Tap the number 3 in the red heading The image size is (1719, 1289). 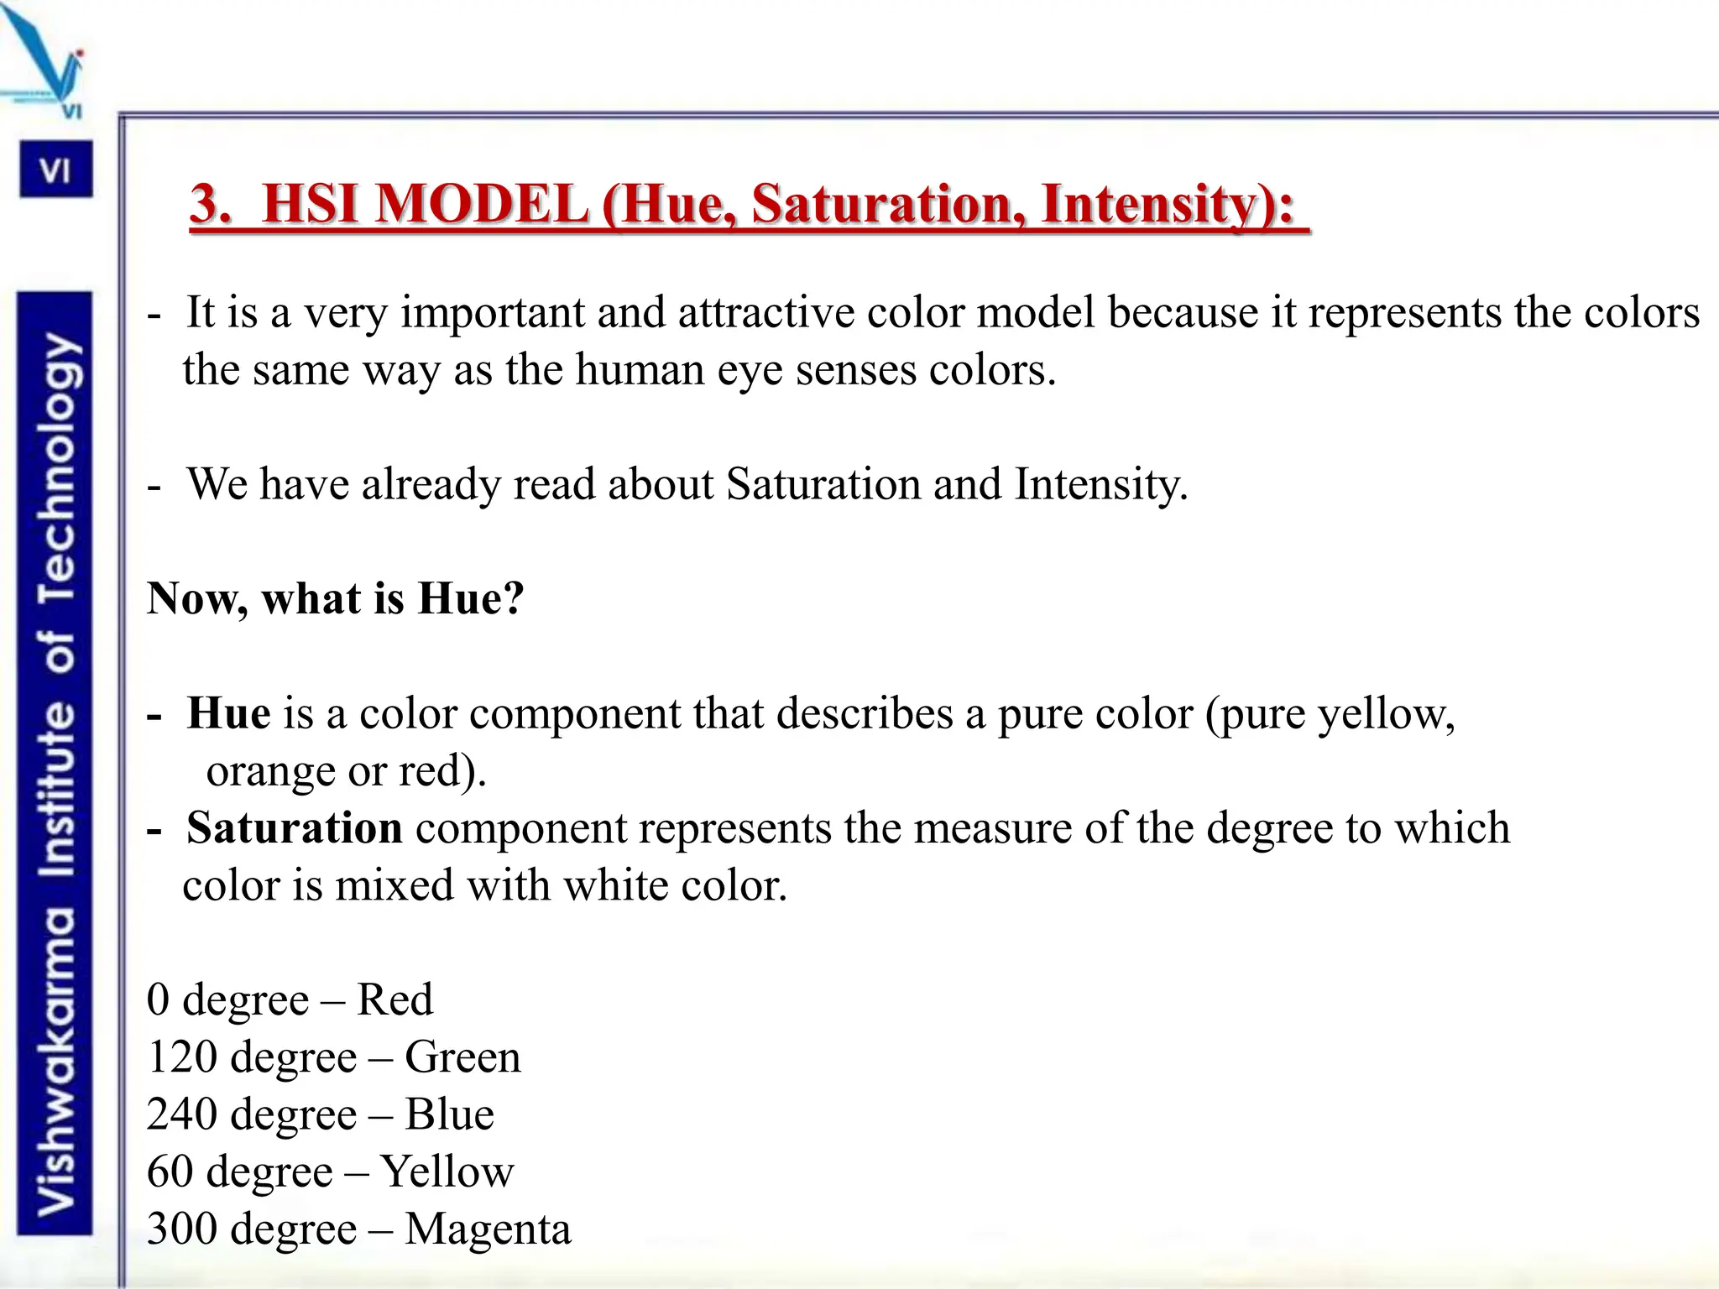tap(209, 204)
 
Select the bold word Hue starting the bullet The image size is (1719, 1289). tap(228, 713)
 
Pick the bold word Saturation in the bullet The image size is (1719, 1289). tap(294, 828)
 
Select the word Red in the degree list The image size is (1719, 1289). tap(394, 1000)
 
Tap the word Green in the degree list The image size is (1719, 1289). tap(462, 1057)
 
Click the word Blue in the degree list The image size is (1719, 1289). tap(449, 1114)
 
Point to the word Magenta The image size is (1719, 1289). tap(487, 1229)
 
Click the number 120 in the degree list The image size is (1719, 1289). tap(182, 1057)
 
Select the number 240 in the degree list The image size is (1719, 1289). tap(182, 1114)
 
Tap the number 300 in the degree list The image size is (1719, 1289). tap(182, 1229)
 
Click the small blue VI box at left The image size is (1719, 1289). tap(55, 170)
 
